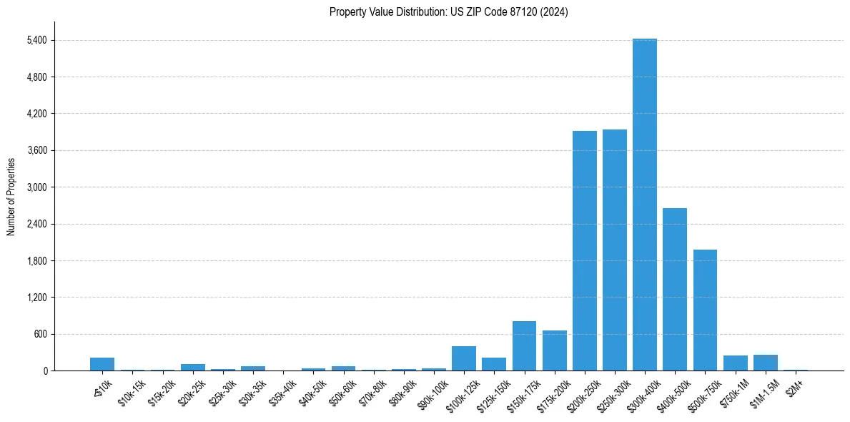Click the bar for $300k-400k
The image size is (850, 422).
click(644, 205)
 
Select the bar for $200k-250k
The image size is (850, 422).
click(584, 250)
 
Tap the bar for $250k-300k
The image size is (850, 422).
click(614, 250)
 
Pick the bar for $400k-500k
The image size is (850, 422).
click(674, 289)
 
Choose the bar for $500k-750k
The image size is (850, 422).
click(705, 310)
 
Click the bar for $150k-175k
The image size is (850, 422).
click(524, 345)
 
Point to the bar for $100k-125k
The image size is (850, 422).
click(464, 358)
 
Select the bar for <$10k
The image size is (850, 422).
click(102, 364)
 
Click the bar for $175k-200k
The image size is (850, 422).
click(554, 350)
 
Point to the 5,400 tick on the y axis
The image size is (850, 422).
click(36, 40)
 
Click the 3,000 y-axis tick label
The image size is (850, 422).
click(36, 187)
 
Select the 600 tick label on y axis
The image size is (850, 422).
click(39, 334)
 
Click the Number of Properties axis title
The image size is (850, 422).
click(11, 197)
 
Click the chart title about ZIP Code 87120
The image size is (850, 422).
click(449, 12)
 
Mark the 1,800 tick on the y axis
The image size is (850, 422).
click(36, 261)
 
